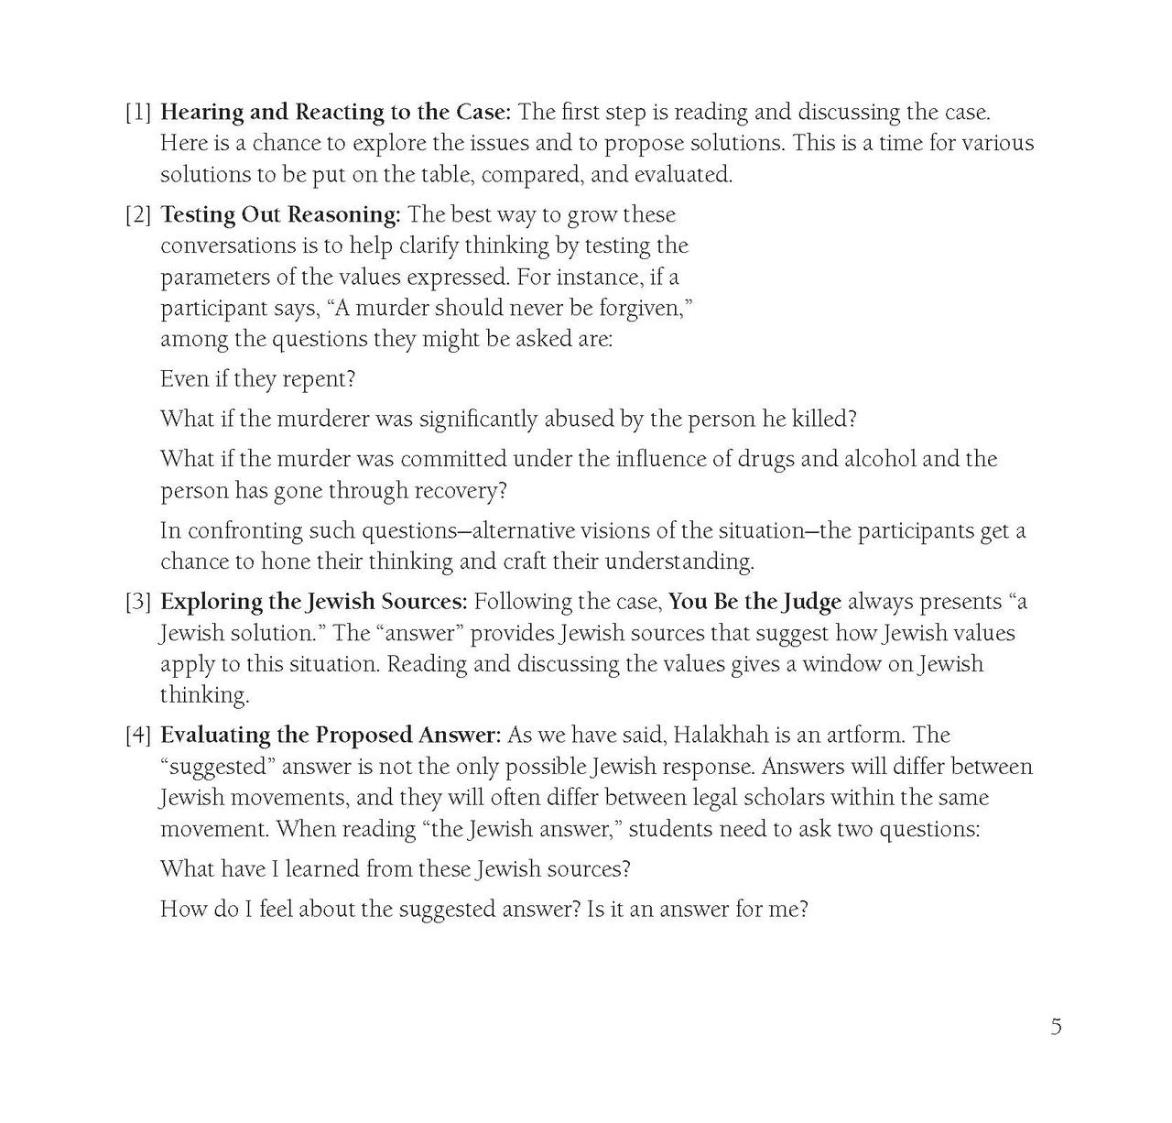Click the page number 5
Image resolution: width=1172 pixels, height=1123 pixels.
pyautogui.click(x=1056, y=1027)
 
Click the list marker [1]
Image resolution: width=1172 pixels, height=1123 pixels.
pyautogui.click(x=138, y=113)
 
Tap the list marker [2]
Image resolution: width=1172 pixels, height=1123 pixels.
pyautogui.click(x=138, y=215)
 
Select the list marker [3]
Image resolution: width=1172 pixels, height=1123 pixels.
pyautogui.click(x=138, y=602)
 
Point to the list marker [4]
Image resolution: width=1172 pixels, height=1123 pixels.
pyautogui.click(x=138, y=736)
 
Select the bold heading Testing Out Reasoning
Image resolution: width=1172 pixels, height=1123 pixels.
pyautogui.click(x=280, y=215)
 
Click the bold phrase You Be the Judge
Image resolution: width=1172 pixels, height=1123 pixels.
pyautogui.click(x=754, y=602)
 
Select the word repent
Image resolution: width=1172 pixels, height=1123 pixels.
pyautogui.click(x=317, y=379)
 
